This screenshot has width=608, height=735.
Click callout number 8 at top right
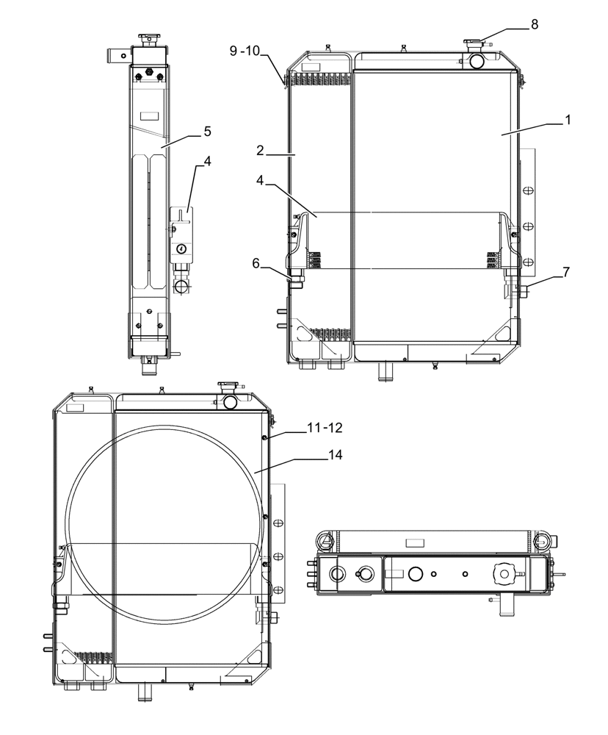click(x=535, y=24)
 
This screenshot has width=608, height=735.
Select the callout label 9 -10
click(x=245, y=50)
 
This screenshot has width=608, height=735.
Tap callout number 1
click(x=567, y=119)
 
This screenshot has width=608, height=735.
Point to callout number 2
click(x=261, y=150)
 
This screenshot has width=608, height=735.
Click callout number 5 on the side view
click(x=207, y=131)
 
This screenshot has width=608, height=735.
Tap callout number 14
click(x=335, y=455)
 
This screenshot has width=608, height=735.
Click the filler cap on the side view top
click(x=150, y=38)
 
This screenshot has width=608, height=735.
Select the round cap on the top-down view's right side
click(x=504, y=572)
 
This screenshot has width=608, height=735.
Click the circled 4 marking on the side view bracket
click(x=181, y=248)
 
